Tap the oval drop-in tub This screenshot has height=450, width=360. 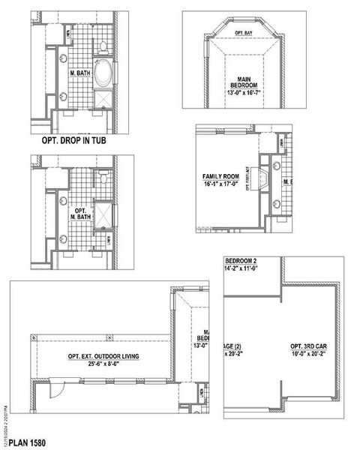pyautogui.click(x=104, y=75)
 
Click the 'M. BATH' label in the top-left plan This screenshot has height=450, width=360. pyautogui.click(x=80, y=73)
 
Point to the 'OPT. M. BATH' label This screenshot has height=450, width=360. pyautogui.click(x=80, y=214)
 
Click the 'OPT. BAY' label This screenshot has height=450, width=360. pyautogui.click(x=242, y=33)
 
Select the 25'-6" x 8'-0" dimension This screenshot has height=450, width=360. pyautogui.click(x=103, y=365)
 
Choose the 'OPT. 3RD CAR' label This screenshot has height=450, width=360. pyautogui.click(x=308, y=346)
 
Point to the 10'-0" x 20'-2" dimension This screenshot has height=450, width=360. pyautogui.click(x=308, y=355)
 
